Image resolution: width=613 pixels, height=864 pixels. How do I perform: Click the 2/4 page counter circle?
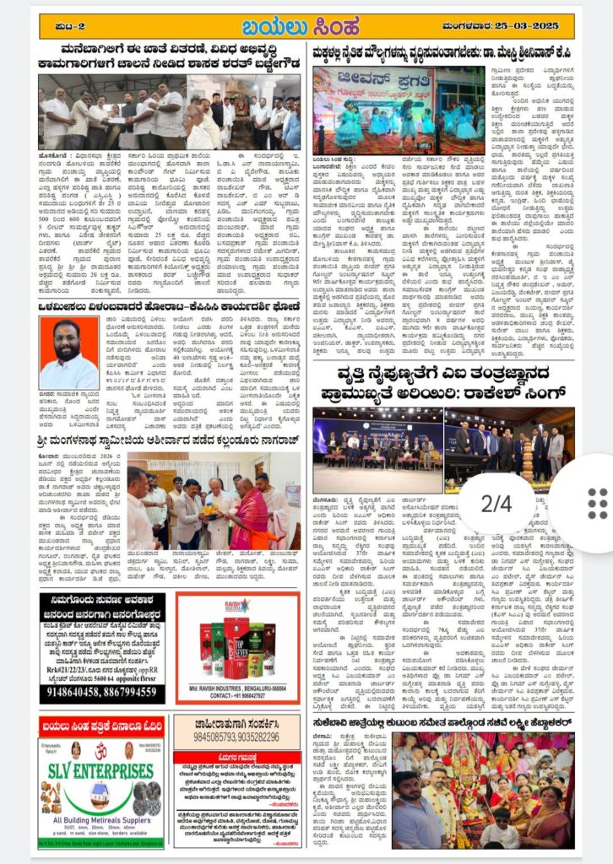point(496,504)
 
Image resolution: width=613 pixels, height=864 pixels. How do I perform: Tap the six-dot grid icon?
point(597,504)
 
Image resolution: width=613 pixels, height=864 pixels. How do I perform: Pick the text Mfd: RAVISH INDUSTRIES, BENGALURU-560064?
point(236,687)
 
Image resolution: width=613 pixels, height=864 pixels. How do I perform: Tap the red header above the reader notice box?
point(236,757)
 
